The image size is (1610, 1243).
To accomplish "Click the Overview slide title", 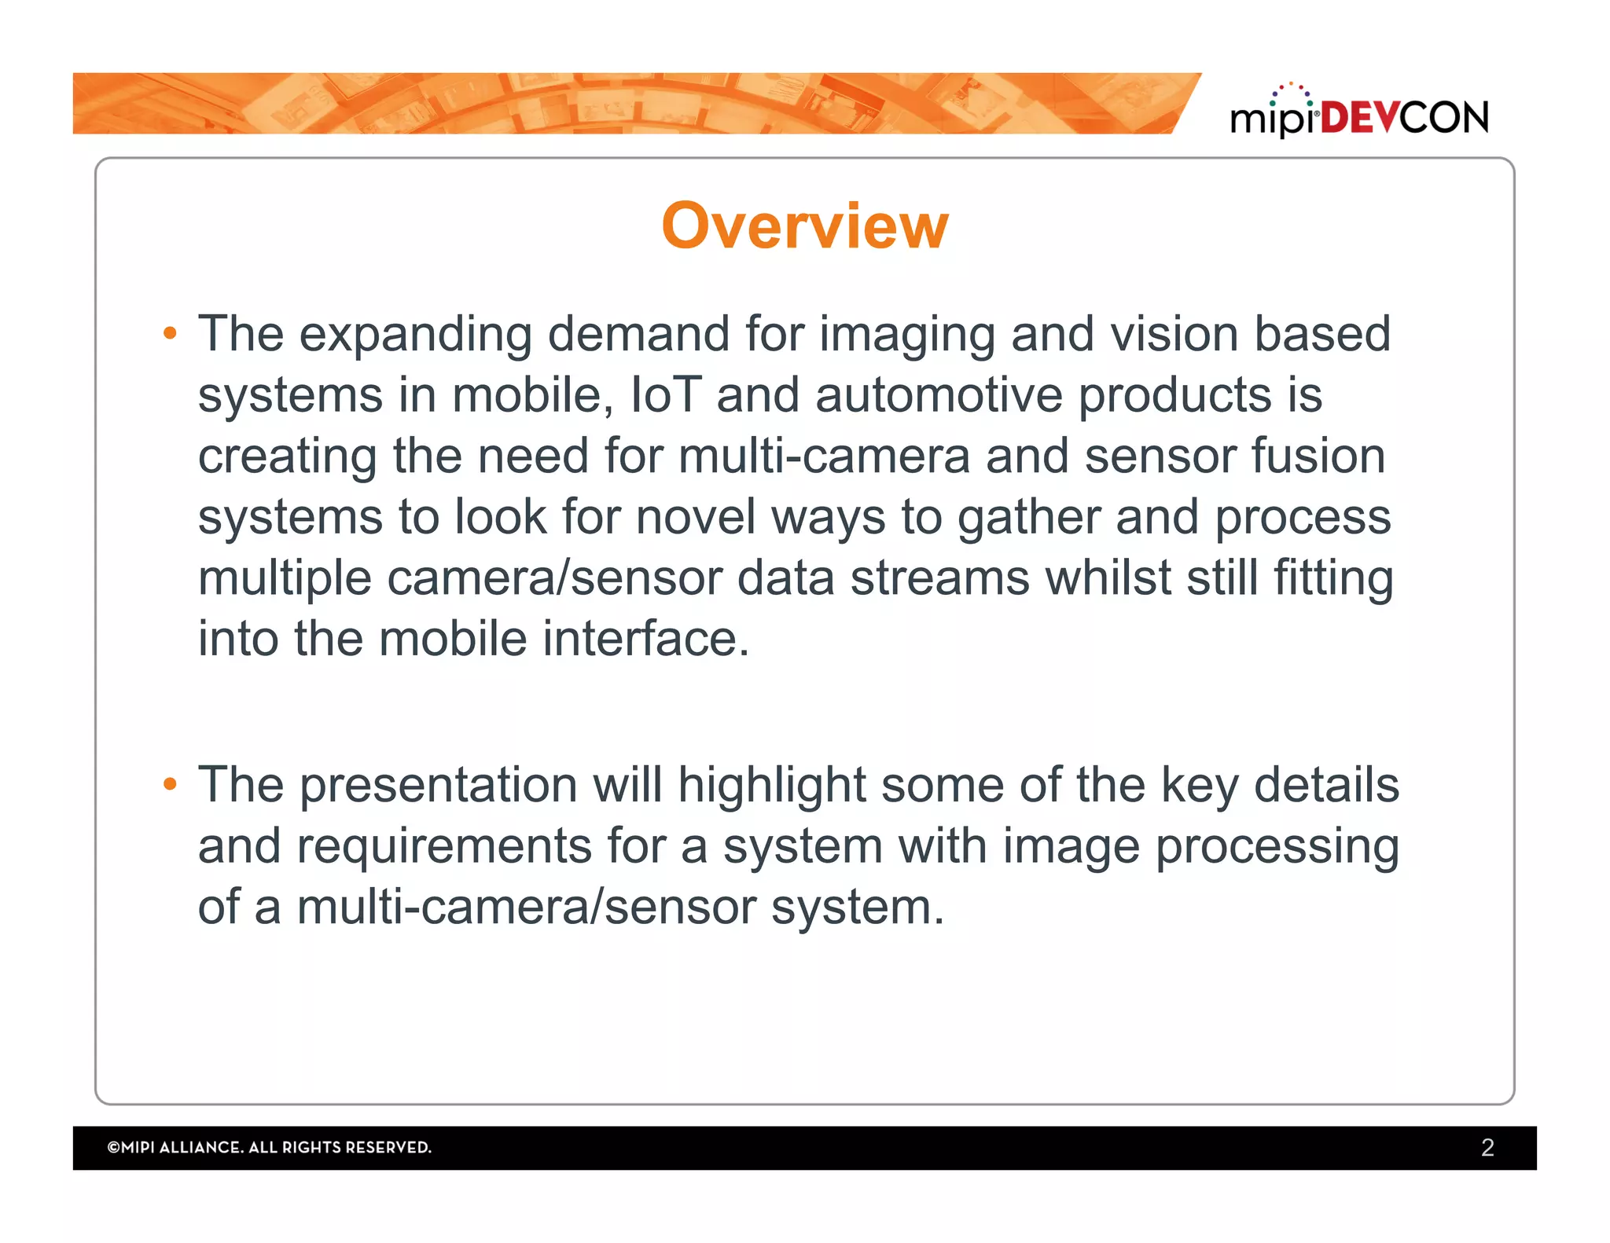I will click(x=805, y=226).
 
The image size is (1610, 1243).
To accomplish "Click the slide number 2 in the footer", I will click(x=1487, y=1147).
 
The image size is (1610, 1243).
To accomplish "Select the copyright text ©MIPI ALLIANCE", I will click(x=269, y=1147).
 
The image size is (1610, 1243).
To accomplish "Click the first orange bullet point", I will click(x=170, y=334).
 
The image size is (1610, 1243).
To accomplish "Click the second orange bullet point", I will click(x=170, y=784).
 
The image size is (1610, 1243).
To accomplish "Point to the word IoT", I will click(x=665, y=394).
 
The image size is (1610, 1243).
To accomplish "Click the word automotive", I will click(x=939, y=394).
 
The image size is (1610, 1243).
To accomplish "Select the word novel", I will click(x=696, y=517).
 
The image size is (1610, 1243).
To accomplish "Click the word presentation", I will click(x=439, y=785).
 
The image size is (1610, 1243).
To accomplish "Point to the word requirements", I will click(x=444, y=846).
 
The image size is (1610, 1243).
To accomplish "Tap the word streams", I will click(x=939, y=577).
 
